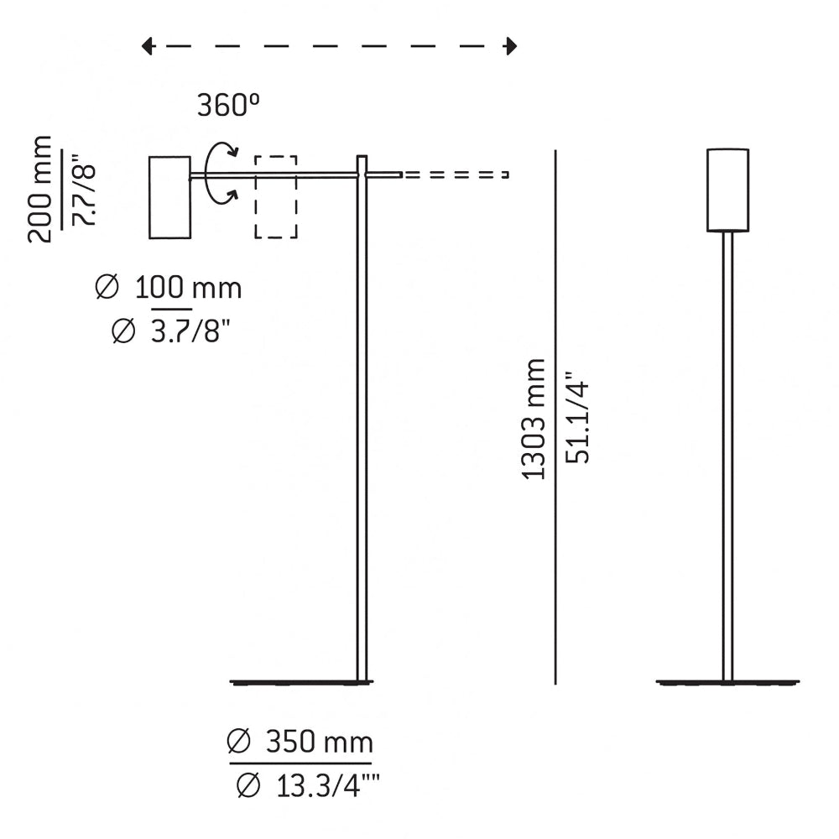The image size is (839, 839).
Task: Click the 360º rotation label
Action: pyautogui.click(x=228, y=105)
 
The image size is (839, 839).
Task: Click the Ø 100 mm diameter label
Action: pyautogui.click(x=169, y=289)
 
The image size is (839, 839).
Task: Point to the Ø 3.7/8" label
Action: pyautogui.click(x=171, y=332)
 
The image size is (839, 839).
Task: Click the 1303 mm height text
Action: pyautogui.click(x=534, y=419)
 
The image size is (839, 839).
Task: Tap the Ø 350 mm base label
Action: pyautogui.click(x=300, y=742)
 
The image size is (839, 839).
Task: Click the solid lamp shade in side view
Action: pyautogui.click(x=169, y=197)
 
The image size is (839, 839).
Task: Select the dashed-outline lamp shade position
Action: pyautogui.click(x=276, y=197)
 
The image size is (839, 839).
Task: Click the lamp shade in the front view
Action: pyautogui.click(x=727, y=190)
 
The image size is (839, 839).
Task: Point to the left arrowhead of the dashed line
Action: pyautogui.click(x=148, y=46)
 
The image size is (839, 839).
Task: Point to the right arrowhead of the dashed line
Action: pyautogui.click(x=510, y=46)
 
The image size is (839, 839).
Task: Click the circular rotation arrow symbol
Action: pyautogui.click(x=221, y=173)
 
